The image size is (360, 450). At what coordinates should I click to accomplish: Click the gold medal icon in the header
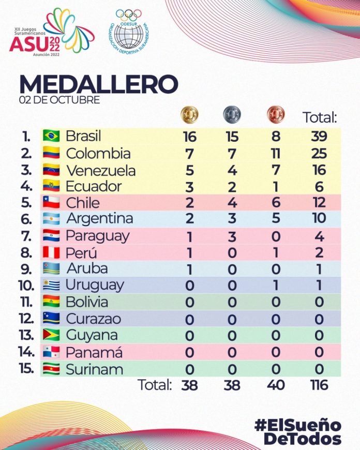click(x=189, y=114)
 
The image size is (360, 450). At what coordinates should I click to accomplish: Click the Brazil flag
click(x=52, y=137)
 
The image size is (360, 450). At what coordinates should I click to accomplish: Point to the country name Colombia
click(x=98, y=154)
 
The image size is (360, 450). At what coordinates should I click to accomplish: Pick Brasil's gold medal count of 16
click(x=189, y=137)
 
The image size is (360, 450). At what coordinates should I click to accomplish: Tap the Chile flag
click(x=52, y=202)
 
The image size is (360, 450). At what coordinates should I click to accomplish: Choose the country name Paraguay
click(x=98, y=236)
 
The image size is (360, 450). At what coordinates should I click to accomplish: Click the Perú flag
click(x=52, y=253)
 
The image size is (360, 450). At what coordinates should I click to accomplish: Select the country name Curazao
click(x=94, y=318)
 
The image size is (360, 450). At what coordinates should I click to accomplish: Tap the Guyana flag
click(x=52, y=335)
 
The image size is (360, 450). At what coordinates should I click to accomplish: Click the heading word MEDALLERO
click(x=98, y=84)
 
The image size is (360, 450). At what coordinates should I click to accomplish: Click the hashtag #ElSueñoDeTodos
click(x=298, y=432)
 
